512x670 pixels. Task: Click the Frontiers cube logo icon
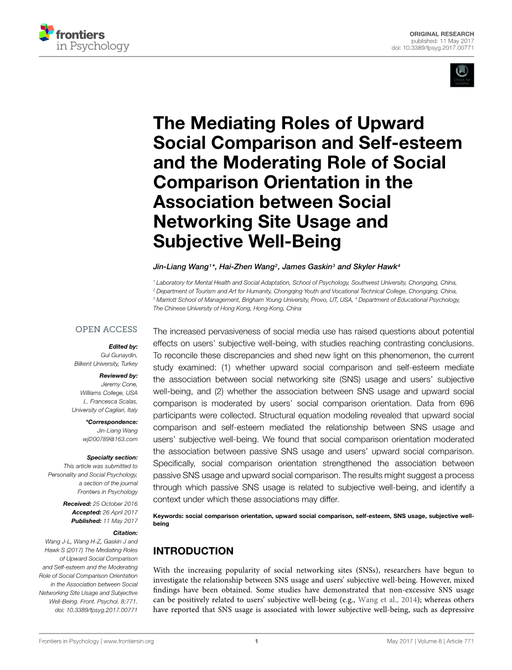(x=46, y=33)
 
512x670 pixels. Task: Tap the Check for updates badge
(x=462, y=75)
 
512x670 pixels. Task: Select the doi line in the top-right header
(x=432, y=48)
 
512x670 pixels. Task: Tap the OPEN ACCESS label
(x=106, y=329)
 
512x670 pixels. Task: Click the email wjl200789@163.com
(x=110, y=439)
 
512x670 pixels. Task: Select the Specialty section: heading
(x=112, y=457)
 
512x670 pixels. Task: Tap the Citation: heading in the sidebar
(x=125, y=533)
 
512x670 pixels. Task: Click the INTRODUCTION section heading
(x=193, y=551)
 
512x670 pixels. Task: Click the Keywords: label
(x=168, y=516)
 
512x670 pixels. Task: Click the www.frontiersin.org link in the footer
(x=128, y=641)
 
